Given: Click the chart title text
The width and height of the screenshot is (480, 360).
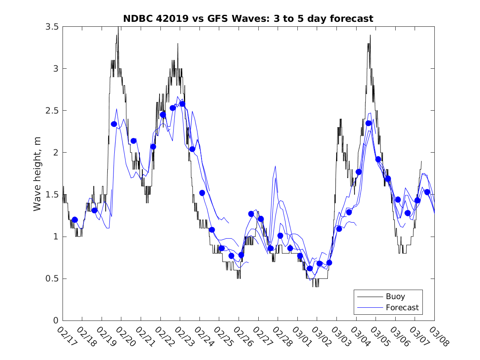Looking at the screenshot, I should (x=248, y=19).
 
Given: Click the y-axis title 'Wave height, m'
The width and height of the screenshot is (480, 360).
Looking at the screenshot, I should (x=37, y=174).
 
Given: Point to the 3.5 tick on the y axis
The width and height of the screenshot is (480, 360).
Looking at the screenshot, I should (x=52, y=27).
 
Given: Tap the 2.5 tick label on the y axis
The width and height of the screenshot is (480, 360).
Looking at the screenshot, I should (x=52, y=111).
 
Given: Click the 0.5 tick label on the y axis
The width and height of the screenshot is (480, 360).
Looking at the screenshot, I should (x=52, y=279).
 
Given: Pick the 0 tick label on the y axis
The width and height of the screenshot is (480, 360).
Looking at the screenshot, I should (x=56, y=321).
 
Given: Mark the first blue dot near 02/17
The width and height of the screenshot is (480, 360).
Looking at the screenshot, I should (x=74, y=220).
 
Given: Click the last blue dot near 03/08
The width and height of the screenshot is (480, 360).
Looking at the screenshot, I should (x=427, y=192).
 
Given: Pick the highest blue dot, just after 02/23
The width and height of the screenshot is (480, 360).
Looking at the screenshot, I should (x=182, y=104).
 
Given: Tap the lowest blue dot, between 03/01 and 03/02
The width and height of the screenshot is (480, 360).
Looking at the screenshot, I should (x=310, y=269).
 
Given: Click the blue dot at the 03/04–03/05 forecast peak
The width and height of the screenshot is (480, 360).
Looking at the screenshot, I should (x=368, y=123).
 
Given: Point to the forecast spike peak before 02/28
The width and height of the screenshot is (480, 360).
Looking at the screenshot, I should (x=275, y=166).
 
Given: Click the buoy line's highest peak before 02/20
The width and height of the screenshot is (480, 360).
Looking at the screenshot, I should (x=118, y=27).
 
